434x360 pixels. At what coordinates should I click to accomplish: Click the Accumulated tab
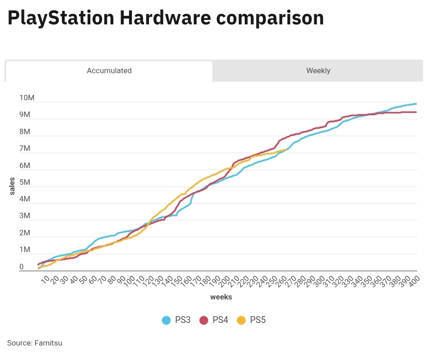pyautogui.click(x=109, y=71)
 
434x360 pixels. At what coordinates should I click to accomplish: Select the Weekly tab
pyautogui.click(x=318, y=71)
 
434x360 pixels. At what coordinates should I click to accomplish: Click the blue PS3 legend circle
pyautogui.click(x=166, y=320)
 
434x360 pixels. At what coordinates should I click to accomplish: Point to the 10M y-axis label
pyautogui.click(x=27, y=98)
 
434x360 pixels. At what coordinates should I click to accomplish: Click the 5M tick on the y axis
pyautogui.click(x=25, y=182)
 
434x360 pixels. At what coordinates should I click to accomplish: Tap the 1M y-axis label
pyautogui.click(x=25, y=250)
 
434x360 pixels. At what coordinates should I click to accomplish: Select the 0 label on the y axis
pyautogui.click(x=21, y=267)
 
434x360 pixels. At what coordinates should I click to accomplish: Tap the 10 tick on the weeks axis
pyautogui.click(x=45, y=281)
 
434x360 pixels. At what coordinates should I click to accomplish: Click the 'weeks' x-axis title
pyautogui.click(x=221, y=297)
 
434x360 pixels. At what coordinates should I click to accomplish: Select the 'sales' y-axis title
pyautogui.click(x=12, y=186)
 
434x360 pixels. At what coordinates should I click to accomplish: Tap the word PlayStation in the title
pyautogui.click(x=61, y=18)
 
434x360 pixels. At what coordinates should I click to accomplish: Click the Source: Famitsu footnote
pyautogui.click(x=35, y=343)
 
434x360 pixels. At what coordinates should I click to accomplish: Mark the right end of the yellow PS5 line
pyautogui.click(x=287, y=149)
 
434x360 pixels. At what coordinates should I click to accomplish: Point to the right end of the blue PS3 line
pyautogui.click(x=415, y=104)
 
